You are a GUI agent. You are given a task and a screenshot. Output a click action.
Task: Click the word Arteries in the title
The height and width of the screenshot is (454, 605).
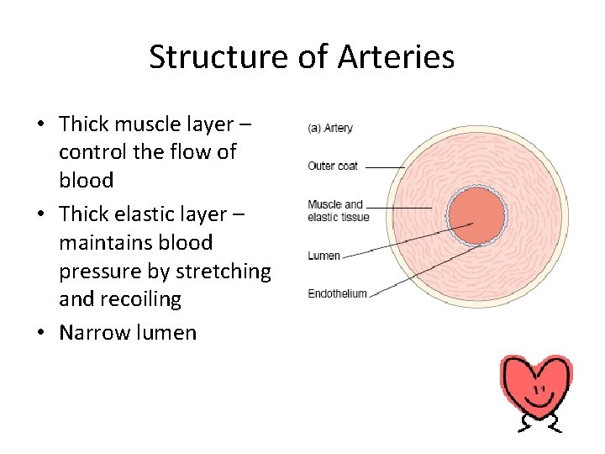pos(396,57)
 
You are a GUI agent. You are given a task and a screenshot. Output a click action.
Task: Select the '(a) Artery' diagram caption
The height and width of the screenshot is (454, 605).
pos(329,129)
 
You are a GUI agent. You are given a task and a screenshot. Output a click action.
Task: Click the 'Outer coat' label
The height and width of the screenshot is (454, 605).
pos(333,166)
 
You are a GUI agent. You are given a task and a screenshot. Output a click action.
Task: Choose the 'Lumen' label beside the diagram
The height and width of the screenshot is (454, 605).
pos(324,256)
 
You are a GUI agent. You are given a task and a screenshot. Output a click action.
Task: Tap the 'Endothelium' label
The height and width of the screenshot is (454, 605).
pos(337,293)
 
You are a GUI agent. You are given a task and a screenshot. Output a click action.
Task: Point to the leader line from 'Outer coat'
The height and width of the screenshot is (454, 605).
pos(385,167)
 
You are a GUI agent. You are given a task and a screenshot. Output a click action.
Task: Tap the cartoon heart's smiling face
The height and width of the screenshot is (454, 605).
pos(539,393)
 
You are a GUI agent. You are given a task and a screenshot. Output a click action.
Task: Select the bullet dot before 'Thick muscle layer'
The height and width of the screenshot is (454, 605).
pos(40,125)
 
